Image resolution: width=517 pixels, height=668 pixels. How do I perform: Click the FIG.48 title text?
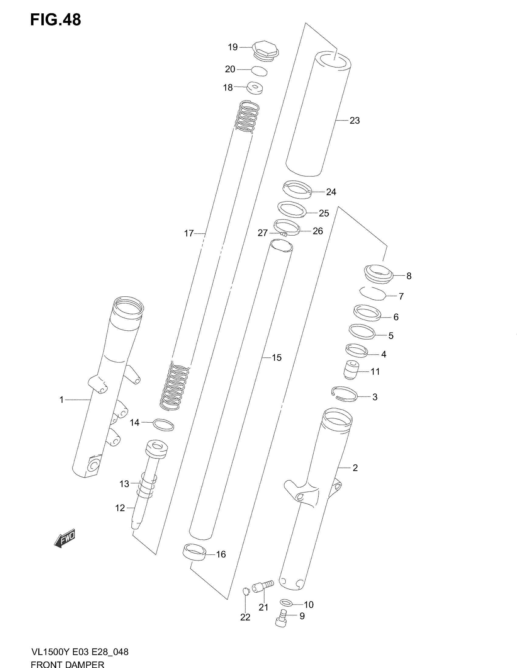point(55,20)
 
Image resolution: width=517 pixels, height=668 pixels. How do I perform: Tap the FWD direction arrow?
point(64,538)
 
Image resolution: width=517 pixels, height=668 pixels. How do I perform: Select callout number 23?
point(355,121)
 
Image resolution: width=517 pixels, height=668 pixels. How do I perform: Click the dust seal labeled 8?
point(378,274)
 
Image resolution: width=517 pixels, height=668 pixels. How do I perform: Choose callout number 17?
point(189,234)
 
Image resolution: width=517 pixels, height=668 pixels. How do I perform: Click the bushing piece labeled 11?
point(351,370)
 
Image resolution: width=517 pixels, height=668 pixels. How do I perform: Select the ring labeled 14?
point(163,425)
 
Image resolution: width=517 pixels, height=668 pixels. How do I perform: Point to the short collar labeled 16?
point(194,552)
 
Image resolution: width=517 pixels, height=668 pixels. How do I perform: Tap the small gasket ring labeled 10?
point(286,603)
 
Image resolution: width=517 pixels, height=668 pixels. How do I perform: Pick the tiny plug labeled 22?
point(246,591)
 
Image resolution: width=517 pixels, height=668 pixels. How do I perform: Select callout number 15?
point(276,358)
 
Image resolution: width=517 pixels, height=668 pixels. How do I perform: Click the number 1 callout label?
point(61,400)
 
